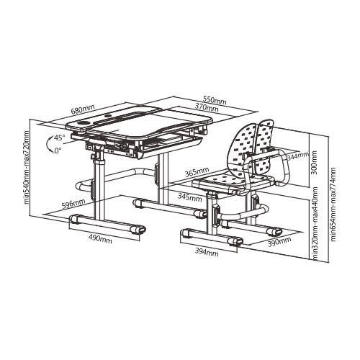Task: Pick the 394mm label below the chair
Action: click(205, 252)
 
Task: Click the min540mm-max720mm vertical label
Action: click(27, 167)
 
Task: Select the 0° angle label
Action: click(58, 150)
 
